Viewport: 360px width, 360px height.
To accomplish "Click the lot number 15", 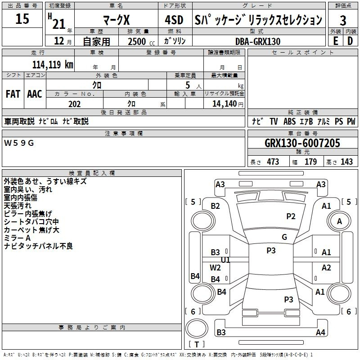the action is (x=22, y=18).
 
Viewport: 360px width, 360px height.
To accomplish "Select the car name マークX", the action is (x=117, y=20).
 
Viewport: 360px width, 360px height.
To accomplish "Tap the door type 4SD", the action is (x=174, y=20).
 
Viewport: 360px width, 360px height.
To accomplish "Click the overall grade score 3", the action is (x=343, y=21).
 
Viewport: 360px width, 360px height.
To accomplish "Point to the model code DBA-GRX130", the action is (x=258, y=41).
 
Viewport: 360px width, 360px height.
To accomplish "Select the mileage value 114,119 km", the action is (x=53, y=65).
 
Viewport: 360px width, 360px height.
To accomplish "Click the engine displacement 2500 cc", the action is (x=141, y=41).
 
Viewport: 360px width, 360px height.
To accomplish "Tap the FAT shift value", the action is (x=13, y=94).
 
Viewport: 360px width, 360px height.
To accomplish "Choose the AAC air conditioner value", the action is (x=35, y=94).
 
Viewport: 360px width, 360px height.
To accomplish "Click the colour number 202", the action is (x=74, y=104).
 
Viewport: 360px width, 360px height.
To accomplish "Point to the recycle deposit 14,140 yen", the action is (x=228, y=104).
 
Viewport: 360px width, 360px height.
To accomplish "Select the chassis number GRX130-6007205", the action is (x=302, y=143).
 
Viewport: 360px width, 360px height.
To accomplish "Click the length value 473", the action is (x=273, y=162).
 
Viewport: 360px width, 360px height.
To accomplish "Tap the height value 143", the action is (x=346, y=162).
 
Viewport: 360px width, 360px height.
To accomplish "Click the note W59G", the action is (x=19, y=143).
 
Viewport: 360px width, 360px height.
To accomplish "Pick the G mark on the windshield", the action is (x=284, y=237).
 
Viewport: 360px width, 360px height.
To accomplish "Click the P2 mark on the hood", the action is (x=291, y=216).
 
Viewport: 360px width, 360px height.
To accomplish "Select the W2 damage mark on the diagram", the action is (x=215, y=268).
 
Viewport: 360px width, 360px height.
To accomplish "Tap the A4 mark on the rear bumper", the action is (x=320, y=332).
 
